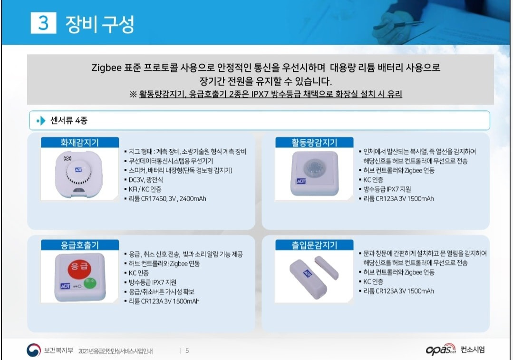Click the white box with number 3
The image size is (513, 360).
pos(44,23)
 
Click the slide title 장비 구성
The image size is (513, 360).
pos(100,24)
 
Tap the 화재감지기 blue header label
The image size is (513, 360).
pos(79,142)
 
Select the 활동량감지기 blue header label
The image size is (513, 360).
pos(314,142)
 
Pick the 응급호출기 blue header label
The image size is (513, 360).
pos(79,245)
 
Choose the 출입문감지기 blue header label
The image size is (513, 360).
pos(314,245)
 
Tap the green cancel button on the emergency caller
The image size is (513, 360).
pos(90,283)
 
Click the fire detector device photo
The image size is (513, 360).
pos(79,174)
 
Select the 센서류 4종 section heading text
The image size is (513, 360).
pos(69,120)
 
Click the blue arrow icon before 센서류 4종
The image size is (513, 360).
pos(41,121)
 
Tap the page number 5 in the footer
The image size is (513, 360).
pos(187,350)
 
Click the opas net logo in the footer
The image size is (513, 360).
pos(440,349)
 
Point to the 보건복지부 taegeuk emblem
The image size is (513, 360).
pos(34,350)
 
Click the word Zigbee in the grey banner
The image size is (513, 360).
pos(106,68)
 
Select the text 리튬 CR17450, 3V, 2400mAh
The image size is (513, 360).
pos(167,199)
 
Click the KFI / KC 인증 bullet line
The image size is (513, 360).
pos(145,189)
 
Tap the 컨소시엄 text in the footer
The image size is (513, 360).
pos(473,350)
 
